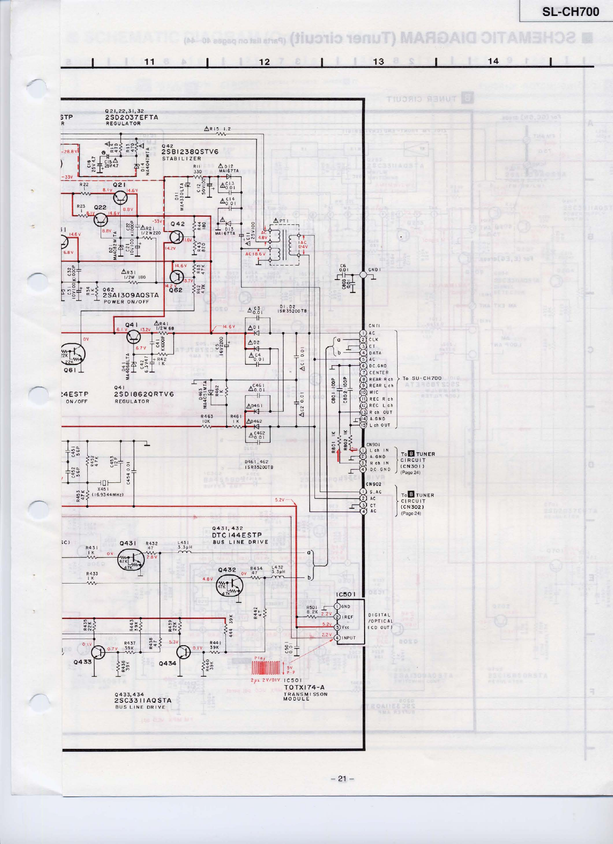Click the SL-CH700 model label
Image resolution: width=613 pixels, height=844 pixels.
pyautogui.click(x=570, y=12)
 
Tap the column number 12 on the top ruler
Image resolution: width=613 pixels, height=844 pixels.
pyautogui.click(x=264, y=62)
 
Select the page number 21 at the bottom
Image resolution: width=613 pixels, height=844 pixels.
pyautogui.click(x=342, y=778)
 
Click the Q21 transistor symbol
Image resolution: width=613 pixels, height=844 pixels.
pyautogui.click(x=120, y=197)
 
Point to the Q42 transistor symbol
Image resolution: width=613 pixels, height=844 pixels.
pyautogui.click(x=177, y=237)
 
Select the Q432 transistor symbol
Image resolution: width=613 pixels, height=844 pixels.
pyautogui.click(x=230, y=585)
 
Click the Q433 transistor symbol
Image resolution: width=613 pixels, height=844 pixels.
pyautogui.click(x=99, y=652)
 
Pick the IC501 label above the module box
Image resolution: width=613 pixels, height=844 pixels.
pyautogui.click(x=346, y=594)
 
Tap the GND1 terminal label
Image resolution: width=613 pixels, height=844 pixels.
pyautogui.click(x=375, y=269)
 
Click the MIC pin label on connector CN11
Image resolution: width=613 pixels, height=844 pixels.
pyautogui.click(x=374, y=393)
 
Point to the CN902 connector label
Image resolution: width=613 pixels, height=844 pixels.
pyautogui.click(x=374, y=484)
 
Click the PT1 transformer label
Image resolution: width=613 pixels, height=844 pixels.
pyautogui.click(x=281, y=221)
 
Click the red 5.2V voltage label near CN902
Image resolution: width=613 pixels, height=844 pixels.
pyautogui.click(x=279, y=499)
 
